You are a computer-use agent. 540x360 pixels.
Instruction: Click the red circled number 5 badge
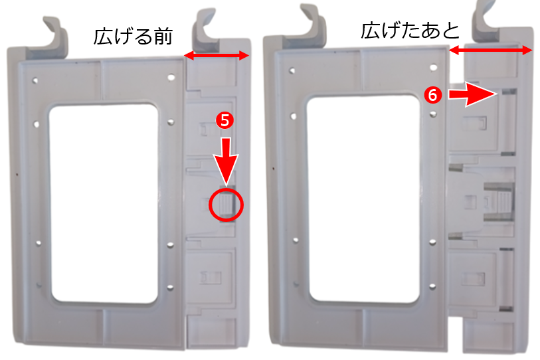point(225,121)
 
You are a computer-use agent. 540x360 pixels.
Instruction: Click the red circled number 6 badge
point(432,95)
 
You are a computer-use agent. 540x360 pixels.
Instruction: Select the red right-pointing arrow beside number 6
point(472,94)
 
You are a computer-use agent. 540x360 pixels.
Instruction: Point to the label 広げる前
point(133,37)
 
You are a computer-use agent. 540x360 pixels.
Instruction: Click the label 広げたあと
point(410,31)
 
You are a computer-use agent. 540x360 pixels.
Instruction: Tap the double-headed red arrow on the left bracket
point(217,56)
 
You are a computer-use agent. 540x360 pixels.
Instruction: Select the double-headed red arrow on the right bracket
point(491,50)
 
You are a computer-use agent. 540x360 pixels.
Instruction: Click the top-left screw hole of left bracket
point(35,80)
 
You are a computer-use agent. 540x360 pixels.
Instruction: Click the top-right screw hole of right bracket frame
point(433,67)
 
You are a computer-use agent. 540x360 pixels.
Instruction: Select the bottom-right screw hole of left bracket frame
point(170,287)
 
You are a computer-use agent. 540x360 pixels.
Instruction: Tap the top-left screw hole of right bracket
point(292,70)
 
